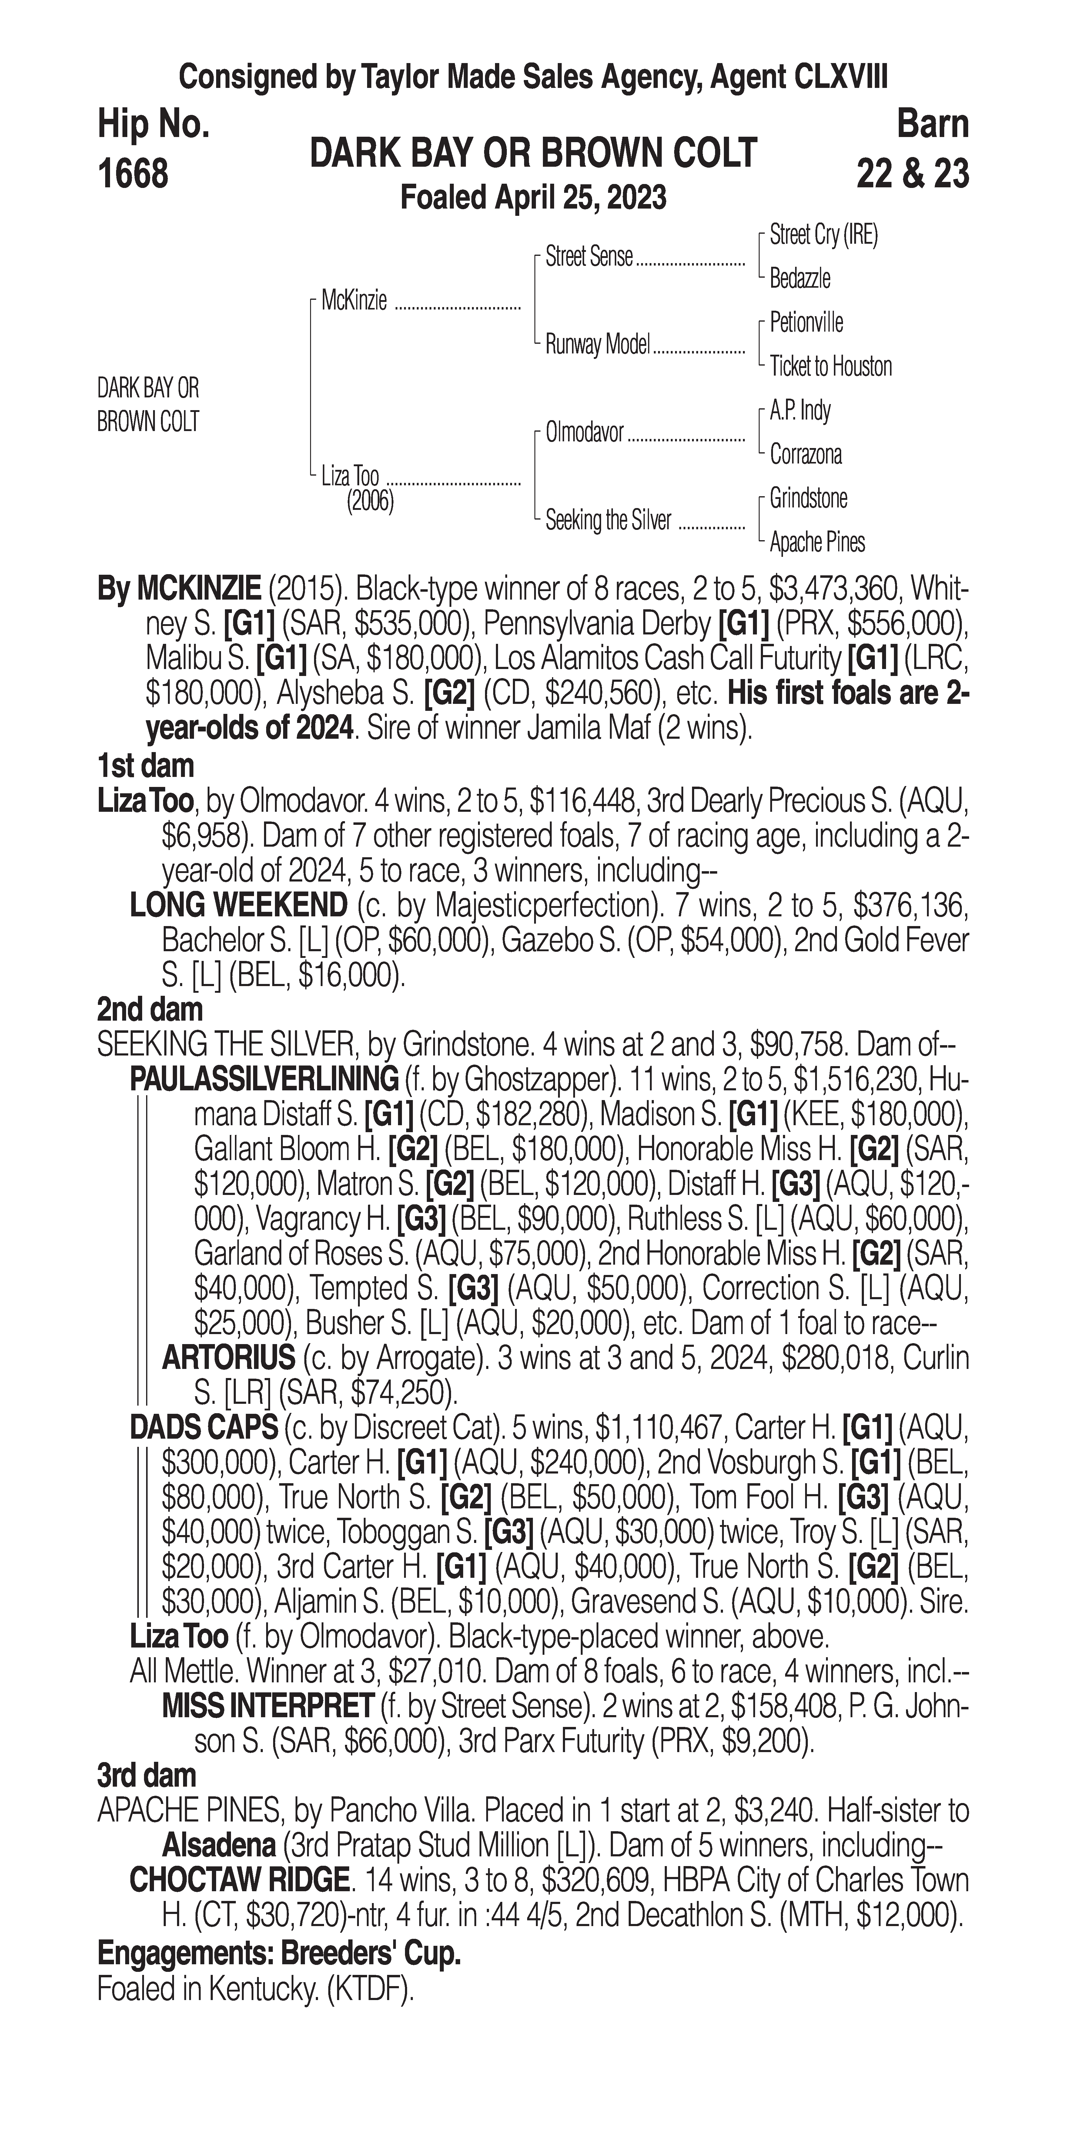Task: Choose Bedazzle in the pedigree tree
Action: click(800, 279)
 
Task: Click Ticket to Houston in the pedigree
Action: click(831, 366)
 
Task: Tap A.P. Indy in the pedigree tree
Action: click(800, 410)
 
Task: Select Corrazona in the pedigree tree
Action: click(806, 454)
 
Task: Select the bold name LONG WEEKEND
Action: click(238, 905)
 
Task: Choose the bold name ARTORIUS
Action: click(228, 1358)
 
